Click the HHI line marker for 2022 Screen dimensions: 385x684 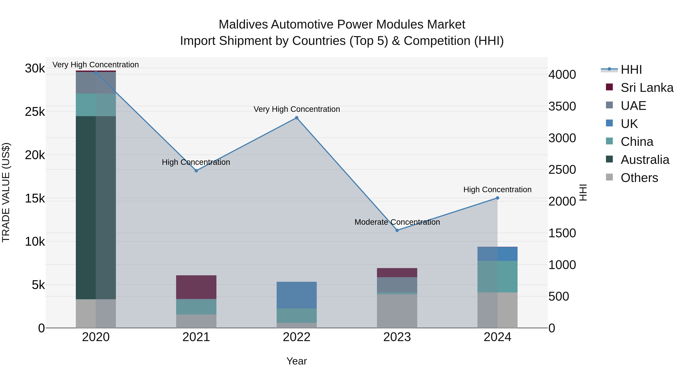(x=297, y=118)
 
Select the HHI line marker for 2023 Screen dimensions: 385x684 (x=397, y=230)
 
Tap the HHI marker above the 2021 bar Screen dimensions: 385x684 (x=196, y=171)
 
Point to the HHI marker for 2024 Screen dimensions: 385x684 (x=497, y=198)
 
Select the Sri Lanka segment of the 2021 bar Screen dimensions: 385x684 (x=196, y=287)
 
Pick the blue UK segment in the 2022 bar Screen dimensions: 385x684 (x=297, y=295)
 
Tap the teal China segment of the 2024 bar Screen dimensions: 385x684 (x=497, y=276)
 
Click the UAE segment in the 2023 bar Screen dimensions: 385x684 (x=397, y=285)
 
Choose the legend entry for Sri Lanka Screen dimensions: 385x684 (x=647, y=88)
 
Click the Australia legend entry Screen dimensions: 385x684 (x=645, y=160)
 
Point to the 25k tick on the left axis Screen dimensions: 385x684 (x=35, y=112)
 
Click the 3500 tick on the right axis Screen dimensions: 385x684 (x=562, y=106)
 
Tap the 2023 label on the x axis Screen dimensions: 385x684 (x=397, y=337)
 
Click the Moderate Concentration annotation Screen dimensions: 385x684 (x=397, y=222)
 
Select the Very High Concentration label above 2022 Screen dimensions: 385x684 (x=297, y=109)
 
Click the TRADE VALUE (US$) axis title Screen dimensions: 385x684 (x=6, y=193)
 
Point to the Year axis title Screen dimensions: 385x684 (x=297, y=361)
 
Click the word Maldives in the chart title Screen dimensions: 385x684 (x=243, y=25)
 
